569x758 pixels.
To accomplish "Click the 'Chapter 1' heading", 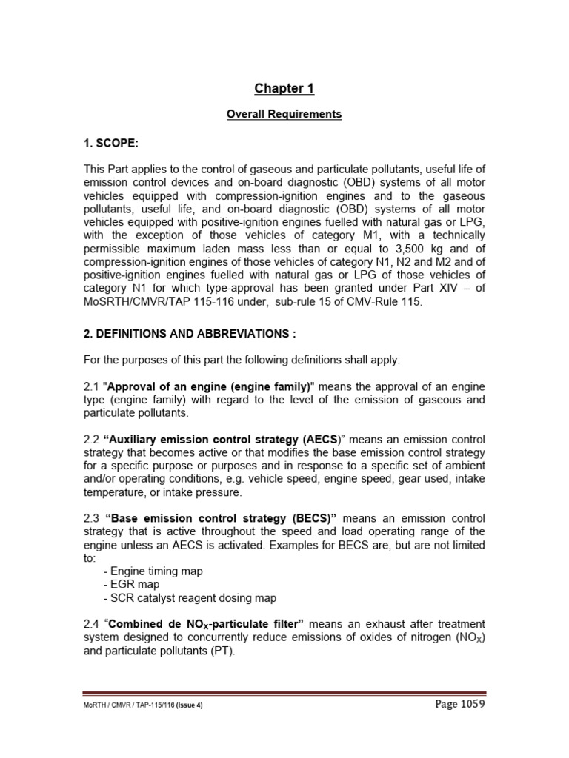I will (x=284, y=89).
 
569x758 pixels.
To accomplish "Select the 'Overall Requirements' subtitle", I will (x=284, y=115).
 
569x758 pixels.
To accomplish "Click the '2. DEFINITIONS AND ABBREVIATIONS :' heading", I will (x=190, y=335).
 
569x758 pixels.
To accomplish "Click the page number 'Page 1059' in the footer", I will (x=459, y=704).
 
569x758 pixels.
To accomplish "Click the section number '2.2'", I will (x=91, y=440).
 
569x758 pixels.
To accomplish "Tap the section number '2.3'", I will (x=91, y=519).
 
